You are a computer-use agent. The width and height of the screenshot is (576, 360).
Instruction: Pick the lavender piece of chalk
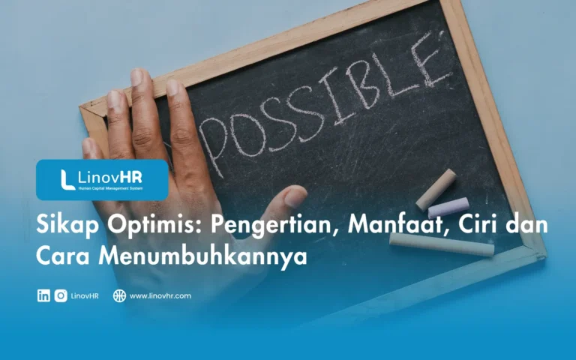tap(448, 208)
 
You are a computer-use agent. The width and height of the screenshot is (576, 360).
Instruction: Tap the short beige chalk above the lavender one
tap(436, 189)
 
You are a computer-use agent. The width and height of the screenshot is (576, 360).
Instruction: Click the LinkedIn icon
tap(43, 295)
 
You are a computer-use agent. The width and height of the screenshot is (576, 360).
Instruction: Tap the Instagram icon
tap(61, 295)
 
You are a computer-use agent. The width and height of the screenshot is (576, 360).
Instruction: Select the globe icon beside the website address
tap(119, 295)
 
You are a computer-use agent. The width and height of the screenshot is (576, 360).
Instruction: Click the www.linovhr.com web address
tap(160, 295)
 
